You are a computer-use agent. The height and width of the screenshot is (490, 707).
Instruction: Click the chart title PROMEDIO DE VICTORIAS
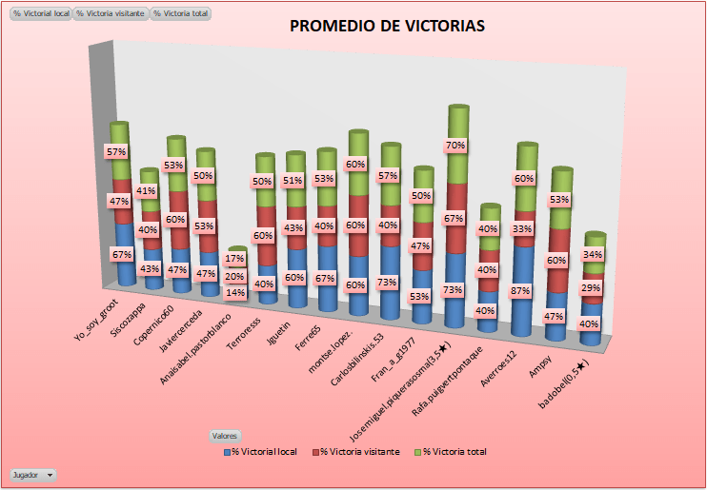pos(387,26)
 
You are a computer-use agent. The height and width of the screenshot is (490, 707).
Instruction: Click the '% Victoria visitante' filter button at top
pos(111,14)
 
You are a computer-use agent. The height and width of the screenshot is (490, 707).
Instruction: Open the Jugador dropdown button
pos(32,473)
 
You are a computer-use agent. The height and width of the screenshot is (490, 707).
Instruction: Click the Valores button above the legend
pos(224,435)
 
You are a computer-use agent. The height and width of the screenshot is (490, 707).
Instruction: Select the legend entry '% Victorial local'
pos(266,451)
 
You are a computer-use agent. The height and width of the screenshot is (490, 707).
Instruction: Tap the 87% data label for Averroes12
pos(520,291)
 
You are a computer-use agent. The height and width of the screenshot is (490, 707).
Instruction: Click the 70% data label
pos(454,146)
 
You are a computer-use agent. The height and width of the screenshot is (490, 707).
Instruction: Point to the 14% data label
pos(235,292)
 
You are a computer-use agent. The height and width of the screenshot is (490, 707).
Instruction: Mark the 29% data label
pos(591,287)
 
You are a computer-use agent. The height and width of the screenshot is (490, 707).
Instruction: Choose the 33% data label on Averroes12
pos(520,229)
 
